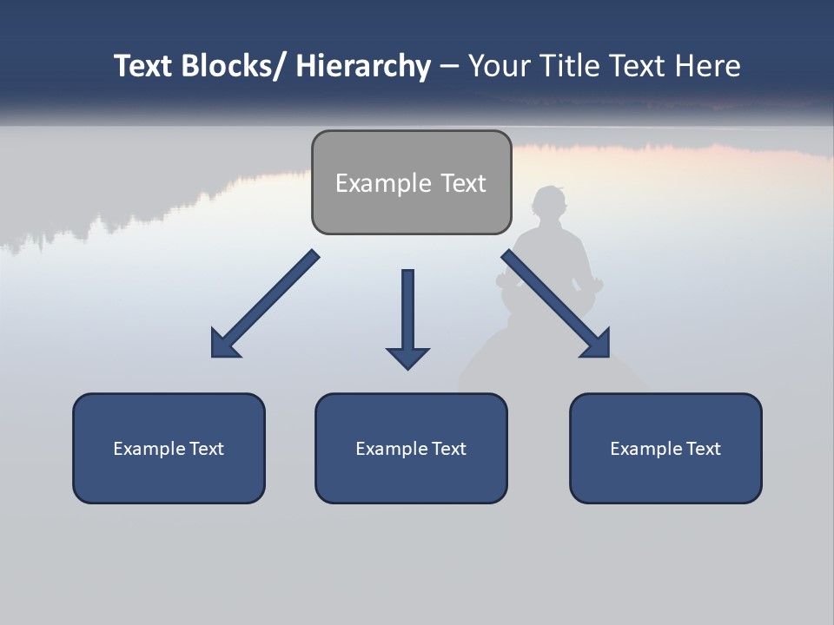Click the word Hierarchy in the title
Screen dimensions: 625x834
click(x=363, y=66)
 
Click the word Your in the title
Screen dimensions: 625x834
click(x=499, y=66)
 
